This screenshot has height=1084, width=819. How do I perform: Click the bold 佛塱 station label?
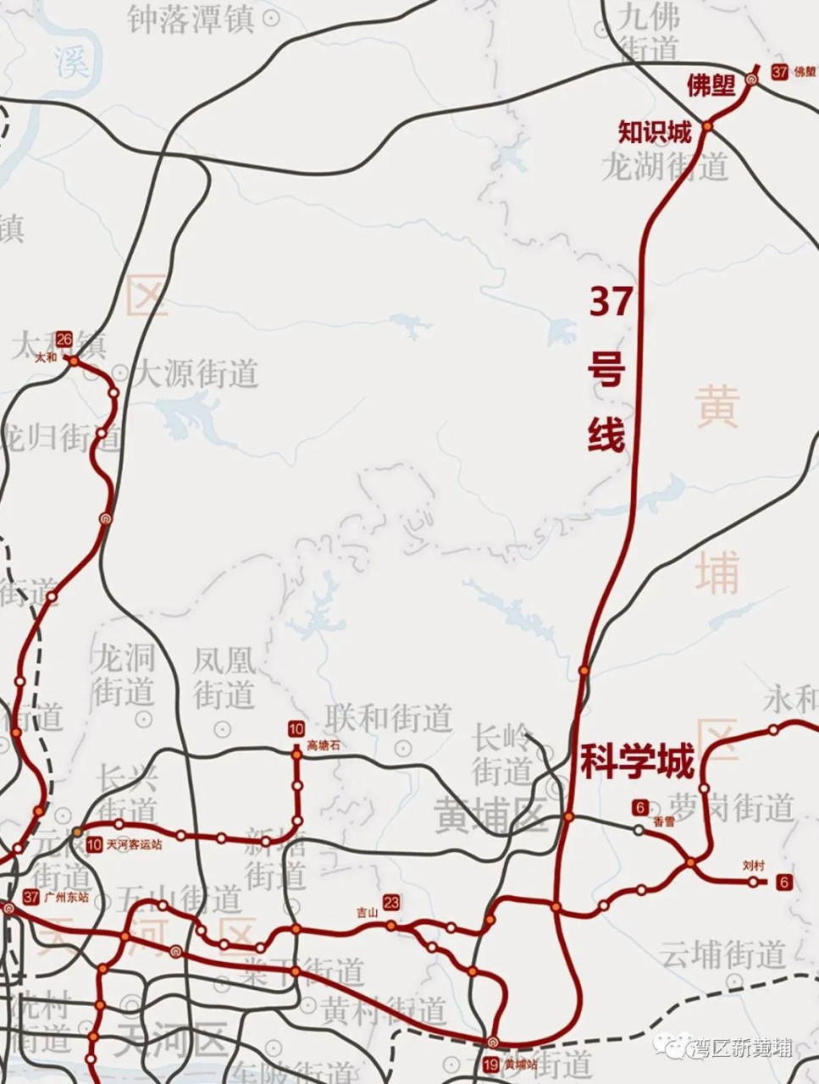(711, 85)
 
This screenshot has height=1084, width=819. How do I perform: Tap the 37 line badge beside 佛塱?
(780, 72)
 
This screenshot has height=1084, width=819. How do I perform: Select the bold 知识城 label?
(655, 132)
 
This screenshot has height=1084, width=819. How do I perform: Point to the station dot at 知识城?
(707, 126)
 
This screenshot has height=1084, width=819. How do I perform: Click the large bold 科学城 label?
(637, 761)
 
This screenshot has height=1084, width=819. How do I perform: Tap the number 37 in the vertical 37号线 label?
(611, 302)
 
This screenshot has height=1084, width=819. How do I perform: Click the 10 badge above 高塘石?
(296, 729)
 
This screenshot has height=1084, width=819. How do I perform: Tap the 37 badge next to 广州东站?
(32, 898)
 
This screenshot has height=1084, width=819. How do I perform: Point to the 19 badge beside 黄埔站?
(490, 1065)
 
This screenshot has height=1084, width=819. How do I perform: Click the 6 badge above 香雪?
(639, 806)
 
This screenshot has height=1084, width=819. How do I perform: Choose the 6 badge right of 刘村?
(784, 882)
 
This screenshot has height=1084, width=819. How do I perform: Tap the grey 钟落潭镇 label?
(191, 18)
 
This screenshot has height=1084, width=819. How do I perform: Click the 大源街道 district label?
(197, 373)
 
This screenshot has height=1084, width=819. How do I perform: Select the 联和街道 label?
(389, 718)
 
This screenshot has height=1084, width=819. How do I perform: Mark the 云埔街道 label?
(723, 954)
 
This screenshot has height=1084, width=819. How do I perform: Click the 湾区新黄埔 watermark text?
(742, 1048)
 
